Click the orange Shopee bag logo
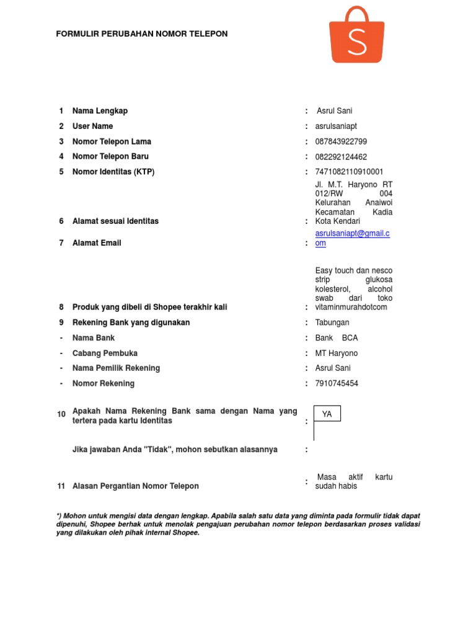[x=356, y=36]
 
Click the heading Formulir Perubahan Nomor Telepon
[x=142, y=34]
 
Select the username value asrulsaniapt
[x=336, y=127]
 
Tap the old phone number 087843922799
[x=341, y=142]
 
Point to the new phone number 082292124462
[x=341, y=157]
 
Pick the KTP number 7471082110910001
[x=349, y=172]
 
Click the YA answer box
[x=327, y=414]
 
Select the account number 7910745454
[x=337, y=384]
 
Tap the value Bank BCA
[x=337, y=338]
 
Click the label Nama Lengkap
[x=100, y=111]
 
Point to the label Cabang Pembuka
[x=105, y=353]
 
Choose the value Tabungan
[x=332, y=322]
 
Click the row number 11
[x=61, y=486]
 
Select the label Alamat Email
[x=97, y=243]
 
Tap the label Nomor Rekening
[x=104, y=384]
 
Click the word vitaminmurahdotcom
[x=351, y=307]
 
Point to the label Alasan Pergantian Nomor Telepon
[x=136, y=486]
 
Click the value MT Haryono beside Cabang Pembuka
[x=337, y=353]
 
